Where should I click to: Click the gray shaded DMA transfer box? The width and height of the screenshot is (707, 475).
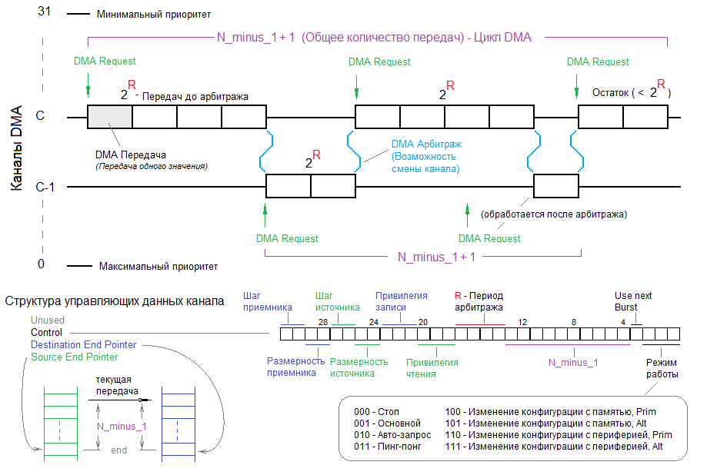110,117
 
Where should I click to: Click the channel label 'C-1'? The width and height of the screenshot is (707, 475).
46,187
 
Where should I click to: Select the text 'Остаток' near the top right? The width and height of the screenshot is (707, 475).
611,92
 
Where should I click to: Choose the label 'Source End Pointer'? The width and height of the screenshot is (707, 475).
75,357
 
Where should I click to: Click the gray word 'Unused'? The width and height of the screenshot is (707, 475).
48,321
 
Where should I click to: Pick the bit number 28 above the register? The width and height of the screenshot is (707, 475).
323,321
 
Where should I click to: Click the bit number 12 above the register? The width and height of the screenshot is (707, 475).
522,321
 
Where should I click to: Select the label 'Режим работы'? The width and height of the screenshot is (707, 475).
662,367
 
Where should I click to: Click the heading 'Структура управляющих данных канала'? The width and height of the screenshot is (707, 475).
115,301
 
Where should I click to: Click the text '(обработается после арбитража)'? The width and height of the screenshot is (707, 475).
552,214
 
